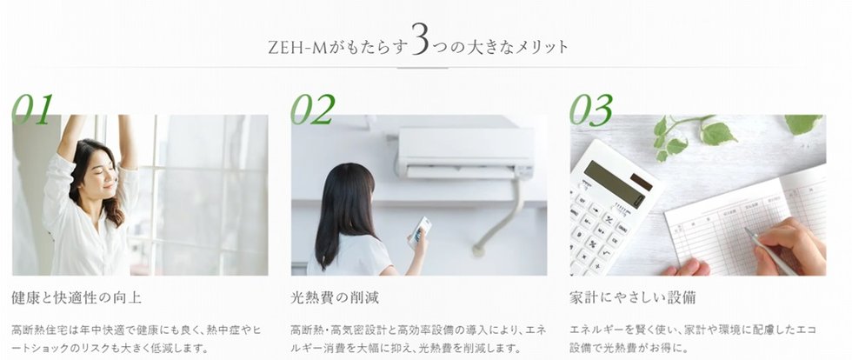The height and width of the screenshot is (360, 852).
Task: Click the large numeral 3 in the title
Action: pyautogui.click(x=420, y=38)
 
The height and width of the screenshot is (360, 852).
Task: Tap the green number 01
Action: pyautogui.click(x=33, y=109)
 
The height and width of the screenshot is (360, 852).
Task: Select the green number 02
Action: pyautogui.click(x=313, y=109)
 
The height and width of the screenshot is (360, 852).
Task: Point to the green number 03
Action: pyautogui.click(x=591, y=110)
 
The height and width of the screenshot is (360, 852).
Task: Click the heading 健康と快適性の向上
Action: pyautogui.click(x=77, y=297)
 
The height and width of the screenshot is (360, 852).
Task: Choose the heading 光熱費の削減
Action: pyautogui.click(x=335, y=297)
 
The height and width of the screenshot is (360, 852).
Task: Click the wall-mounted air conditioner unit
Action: pyautogui.click(x=465, y=153)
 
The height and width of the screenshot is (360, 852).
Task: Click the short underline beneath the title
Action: pyautogui.click(x=423, y=68)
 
